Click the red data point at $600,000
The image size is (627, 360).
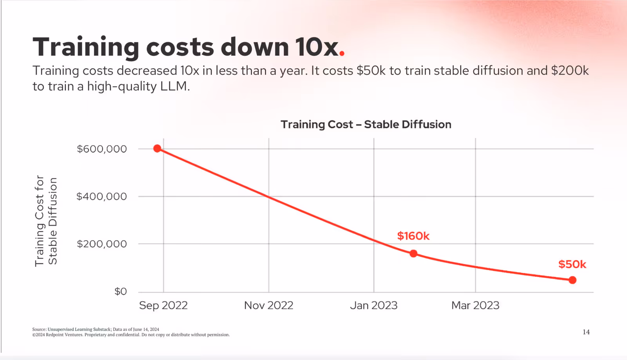[x=157, y=149]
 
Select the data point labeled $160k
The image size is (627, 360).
[x=413, y=254]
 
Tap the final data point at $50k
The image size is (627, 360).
[x=573, y=280]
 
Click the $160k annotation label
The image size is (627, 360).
[x=413, y=236]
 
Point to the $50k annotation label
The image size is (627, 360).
[x=572, y=264]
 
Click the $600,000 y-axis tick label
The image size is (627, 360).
[x=102, y=149]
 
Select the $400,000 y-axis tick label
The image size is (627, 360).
[x=102, y=196]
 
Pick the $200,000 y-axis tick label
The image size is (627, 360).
[x=102, y=244]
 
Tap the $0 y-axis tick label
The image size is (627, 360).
[x=120, y=291]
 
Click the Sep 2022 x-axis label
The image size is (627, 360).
[x=163, y=305]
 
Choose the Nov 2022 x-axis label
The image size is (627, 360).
[x=268, y=305]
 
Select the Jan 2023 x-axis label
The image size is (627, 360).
[x=373, y=305]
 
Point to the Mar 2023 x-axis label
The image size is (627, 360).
[x=475, y=305]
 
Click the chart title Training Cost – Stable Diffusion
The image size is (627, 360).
[x=366, y=125]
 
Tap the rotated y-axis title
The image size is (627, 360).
[x=46, y=221]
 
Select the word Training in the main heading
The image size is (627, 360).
[x=86, y=47]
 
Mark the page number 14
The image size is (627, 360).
[x=586, y=332]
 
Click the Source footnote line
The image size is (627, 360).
[x=96, y=329]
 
